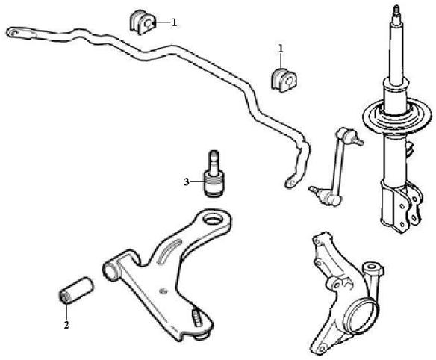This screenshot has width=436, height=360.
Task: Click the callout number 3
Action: pyautogui.click(x=187, y=182)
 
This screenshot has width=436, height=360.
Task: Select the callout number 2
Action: pyautogui.click(x=66, y=325)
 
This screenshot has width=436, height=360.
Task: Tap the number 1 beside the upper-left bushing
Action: pyautogui.click(x=175, y=22)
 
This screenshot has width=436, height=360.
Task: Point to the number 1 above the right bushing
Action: pyautogui.click(x=281, y=49)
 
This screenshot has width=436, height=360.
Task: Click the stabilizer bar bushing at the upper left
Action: pyautogui.click(x=142, y=22)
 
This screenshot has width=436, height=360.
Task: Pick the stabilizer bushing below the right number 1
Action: pyautogui.click(x=284, y=80)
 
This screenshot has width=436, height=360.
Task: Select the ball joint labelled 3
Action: pyautogui.click(x=214, y=174)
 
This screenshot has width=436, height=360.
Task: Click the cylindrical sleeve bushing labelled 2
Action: pyautogui.click(x=76, y=291)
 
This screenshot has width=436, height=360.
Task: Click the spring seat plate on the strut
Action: pyautogui.click(x=397, y=116)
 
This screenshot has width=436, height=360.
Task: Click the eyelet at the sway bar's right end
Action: pyautogui.click(x=290, y=182)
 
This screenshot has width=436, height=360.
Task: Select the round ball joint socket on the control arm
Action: pyautogui.click(x=215, y=217)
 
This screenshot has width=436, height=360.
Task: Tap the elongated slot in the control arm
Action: pyautogui.click(x=169, y=251)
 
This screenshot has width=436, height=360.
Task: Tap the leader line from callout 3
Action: pyautogui.click(x=197, y=182)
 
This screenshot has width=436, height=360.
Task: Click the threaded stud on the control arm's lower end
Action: pyautogui.click(x=196, y=318)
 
